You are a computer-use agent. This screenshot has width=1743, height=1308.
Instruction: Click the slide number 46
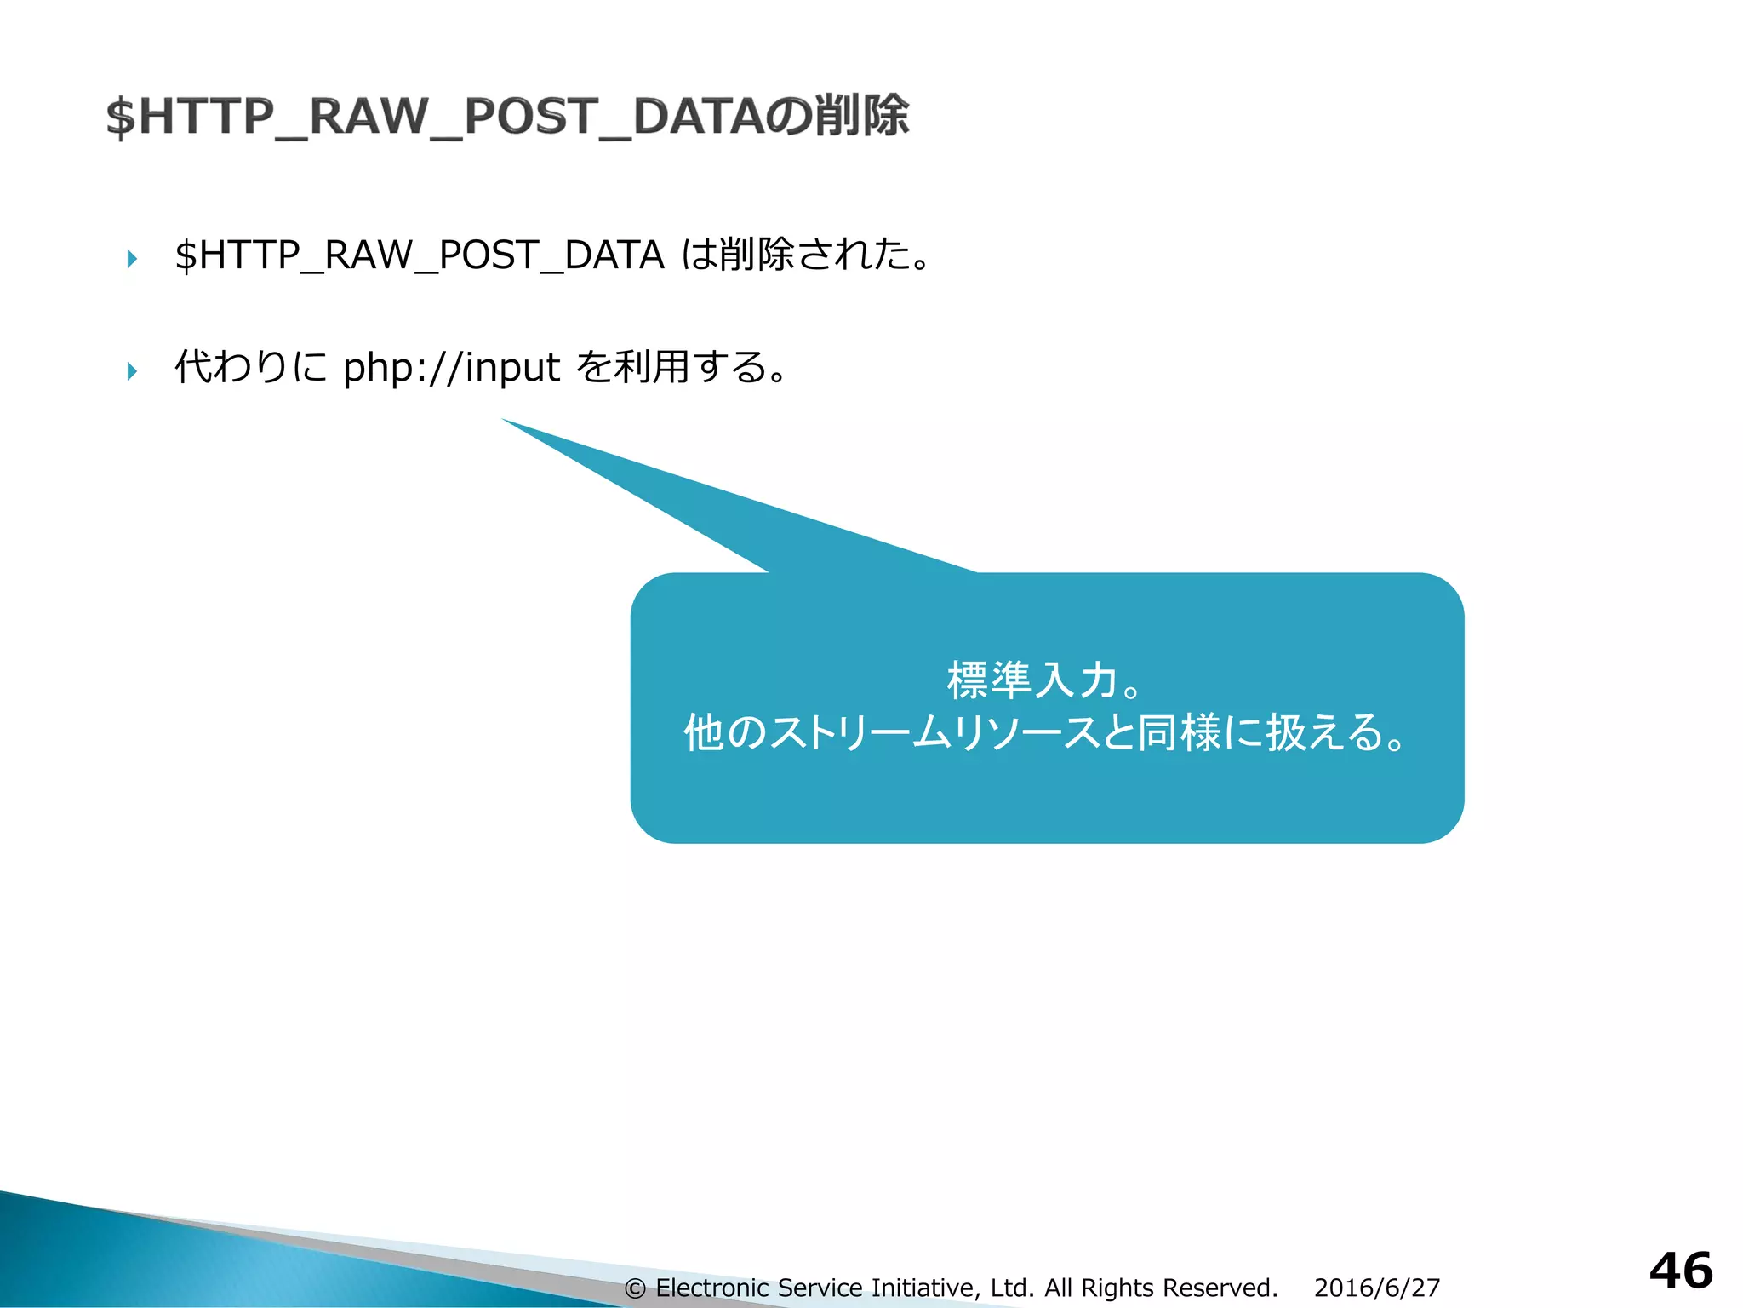1680,1271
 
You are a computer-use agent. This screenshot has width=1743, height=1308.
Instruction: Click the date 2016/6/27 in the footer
1376,1288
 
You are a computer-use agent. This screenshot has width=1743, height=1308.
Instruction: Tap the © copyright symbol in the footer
635,1288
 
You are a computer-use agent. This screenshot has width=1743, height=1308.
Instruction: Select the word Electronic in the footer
712,1288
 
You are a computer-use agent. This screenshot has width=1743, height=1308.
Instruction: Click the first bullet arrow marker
132,258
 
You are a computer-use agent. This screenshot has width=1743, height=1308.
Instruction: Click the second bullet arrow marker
132,370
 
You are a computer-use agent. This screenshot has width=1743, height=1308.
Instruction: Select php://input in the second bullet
451,368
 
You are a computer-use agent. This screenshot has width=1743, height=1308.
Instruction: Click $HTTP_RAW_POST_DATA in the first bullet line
419,255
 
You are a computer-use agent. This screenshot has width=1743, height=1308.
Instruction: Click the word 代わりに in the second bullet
250,367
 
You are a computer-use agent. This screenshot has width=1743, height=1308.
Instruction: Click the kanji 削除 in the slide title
861,116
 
